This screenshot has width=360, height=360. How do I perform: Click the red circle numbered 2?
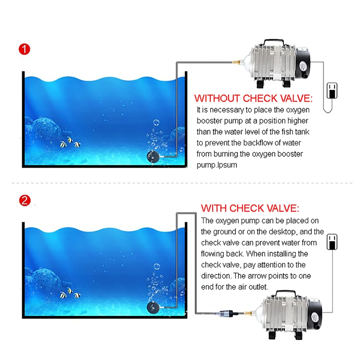point(24,201)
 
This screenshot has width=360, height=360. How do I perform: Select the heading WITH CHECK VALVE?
point(250,208)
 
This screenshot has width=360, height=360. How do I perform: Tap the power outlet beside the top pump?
point(331,90)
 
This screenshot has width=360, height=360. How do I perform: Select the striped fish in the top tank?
point(70,144)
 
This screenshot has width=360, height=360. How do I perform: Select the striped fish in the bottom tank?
point(70,294)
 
